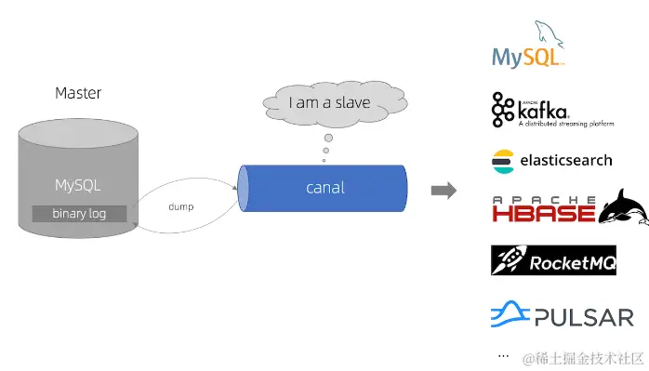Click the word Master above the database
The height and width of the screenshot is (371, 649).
78,93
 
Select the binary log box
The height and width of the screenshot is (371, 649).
79,213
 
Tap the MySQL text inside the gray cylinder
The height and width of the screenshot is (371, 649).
78,185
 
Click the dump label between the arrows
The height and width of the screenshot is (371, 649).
180,205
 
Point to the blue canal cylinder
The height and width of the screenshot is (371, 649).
324,188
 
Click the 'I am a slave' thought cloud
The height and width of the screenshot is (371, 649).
329,102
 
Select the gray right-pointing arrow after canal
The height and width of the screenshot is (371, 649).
444,191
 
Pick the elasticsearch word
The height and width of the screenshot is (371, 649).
565,160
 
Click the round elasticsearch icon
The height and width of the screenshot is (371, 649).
502,160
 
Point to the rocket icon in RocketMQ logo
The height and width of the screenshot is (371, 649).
508,261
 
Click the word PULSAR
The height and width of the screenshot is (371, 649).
584,317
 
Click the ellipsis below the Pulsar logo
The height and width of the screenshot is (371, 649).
503,355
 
